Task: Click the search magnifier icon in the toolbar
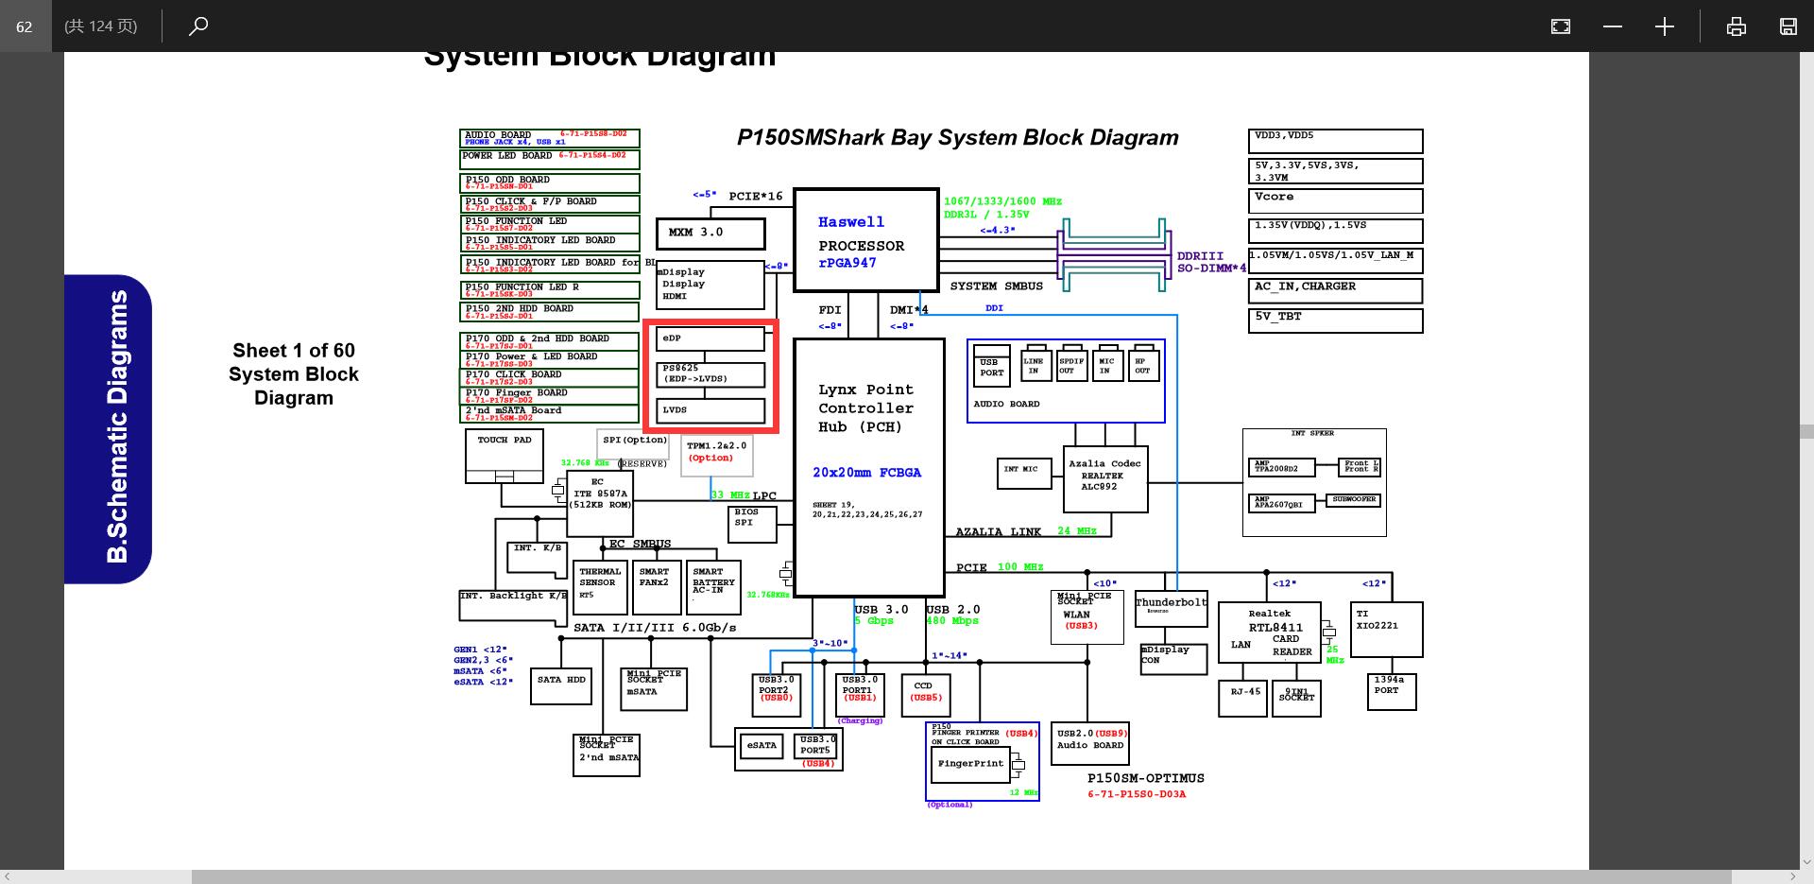click(x=198, y=26)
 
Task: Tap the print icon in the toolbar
click(x=1736, y=26)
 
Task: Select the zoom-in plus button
click(x=1664, y=26)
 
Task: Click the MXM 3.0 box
click(x=710, y=233)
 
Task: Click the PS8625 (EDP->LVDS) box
click(x=710, y=374)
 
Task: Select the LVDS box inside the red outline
click(x=710, y=410)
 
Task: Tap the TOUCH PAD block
click(x=505, y=455)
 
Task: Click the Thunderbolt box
click(x=1171, y=609)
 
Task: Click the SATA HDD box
click(x=561, y=687)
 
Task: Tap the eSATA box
click(x=762, y=746)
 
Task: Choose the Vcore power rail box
click(x=1335, y=200)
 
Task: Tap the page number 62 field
click(x=25, y=26)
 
